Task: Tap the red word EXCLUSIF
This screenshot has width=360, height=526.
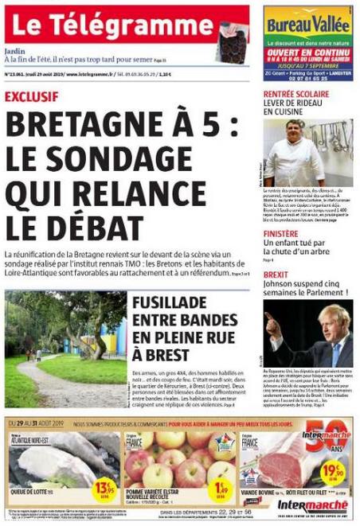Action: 31,97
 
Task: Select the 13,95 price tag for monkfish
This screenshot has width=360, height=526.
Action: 104,485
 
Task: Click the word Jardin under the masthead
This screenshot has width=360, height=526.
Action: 14,49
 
